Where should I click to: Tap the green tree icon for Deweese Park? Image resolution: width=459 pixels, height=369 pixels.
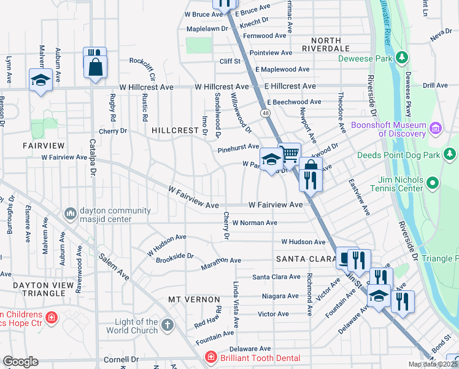[x=402, y=58]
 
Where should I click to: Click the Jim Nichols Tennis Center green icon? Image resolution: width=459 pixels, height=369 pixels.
[x=433, y=183]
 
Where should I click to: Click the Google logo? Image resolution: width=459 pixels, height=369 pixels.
[x=20, y=362]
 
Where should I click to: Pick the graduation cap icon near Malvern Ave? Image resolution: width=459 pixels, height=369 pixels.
[x=40, y=80]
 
